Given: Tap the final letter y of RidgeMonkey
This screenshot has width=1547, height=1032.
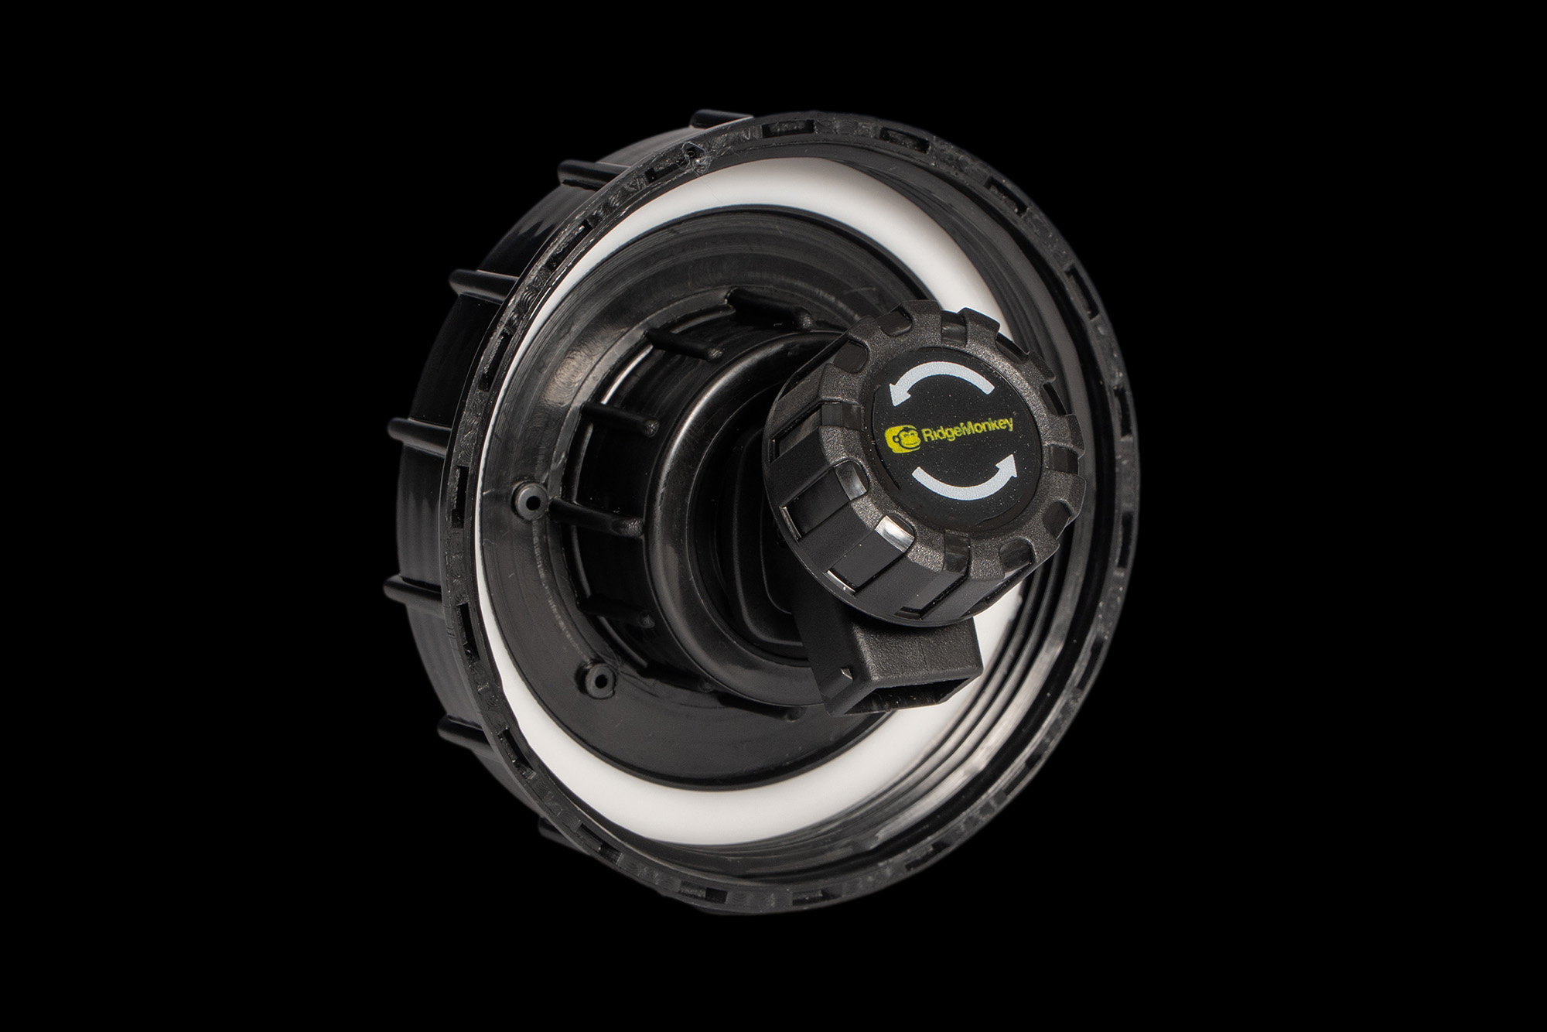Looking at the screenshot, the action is point(1009,425).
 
